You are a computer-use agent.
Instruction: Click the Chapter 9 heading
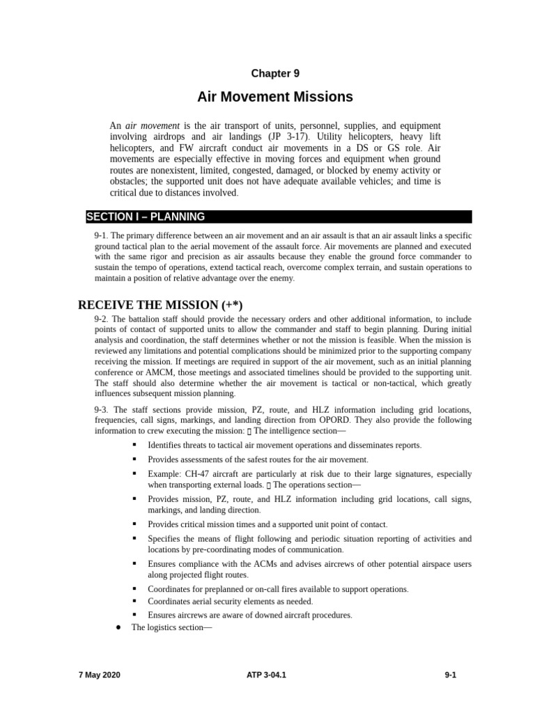pos(275,73)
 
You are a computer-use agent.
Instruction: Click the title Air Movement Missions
pos(275,97)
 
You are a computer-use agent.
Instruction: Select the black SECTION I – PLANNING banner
pos(279,217)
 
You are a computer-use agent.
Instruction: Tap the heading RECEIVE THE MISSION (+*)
pos(160,305)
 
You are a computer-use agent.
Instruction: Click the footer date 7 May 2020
pos(99,675)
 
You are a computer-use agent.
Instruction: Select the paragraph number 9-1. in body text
pos(102,235)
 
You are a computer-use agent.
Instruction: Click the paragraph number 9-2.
pos(102,318)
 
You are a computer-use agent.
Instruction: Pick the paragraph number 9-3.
pos(102,410)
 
